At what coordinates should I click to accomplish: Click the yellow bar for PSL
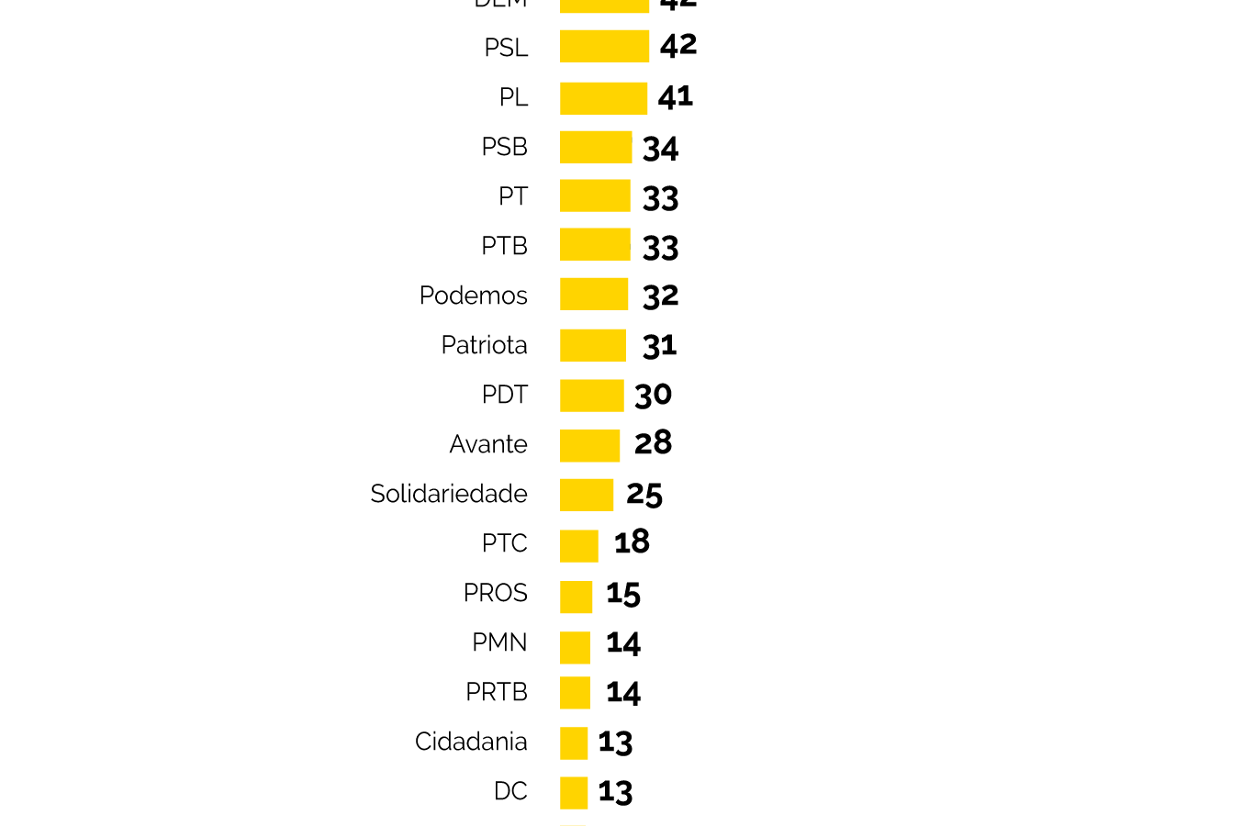(604, 47)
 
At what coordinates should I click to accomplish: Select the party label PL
(513, 97)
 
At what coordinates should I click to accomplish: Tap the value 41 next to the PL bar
(676, 96)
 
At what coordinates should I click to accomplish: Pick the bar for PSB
(596, 147)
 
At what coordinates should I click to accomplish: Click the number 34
(661, 148)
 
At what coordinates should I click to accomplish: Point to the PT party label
(513, 196)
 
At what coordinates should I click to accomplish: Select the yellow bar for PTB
(595, 245)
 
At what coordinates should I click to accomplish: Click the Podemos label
(473, 296)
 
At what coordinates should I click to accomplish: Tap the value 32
(661, 296)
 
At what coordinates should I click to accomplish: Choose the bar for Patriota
(593, 345)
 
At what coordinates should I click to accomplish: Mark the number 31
(659, 346)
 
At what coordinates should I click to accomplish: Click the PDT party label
(504, 395)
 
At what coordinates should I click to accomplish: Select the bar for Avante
(589, 445)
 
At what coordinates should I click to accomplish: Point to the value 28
(653, 443)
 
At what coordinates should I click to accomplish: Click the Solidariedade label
(448, 494)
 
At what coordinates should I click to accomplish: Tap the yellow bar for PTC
(579, 545)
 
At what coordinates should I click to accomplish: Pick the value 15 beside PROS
(623, 594)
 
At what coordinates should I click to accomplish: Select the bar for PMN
(575, 647)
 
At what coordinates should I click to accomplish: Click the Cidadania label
(471, 742)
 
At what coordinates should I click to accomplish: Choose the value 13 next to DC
(615, 791)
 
